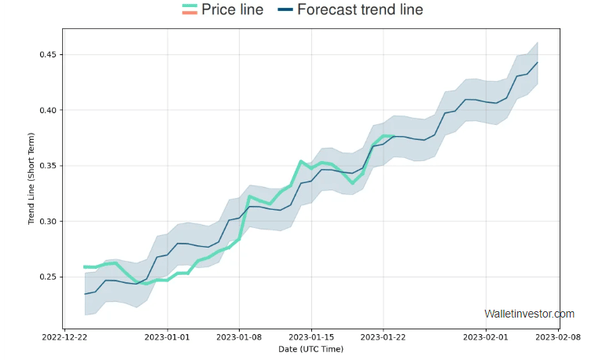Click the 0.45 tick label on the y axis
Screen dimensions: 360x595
coord(47,55)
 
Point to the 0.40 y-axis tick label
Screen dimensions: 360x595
coord(47,111)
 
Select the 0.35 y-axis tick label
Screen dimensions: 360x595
coord(47,166)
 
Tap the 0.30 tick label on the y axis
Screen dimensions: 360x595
coord(47,222)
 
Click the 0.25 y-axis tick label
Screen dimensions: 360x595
coord(47,277)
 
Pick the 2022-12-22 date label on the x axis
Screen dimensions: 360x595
coord(64,337)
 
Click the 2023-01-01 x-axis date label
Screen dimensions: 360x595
coord(167,337)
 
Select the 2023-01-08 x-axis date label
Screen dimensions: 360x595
coord(240,337)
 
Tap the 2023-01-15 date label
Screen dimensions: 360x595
coord(312,337)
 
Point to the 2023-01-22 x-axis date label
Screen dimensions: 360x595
coord(384,337)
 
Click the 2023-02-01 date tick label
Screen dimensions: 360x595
coord(487,337)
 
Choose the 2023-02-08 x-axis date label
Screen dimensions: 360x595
coord(559,337)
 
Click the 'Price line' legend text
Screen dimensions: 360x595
coord(232,10)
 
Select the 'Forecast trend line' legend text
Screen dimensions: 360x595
coord(360,10)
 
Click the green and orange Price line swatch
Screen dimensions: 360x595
coord(189,10)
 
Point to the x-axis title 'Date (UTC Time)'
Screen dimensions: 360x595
coord(310,349)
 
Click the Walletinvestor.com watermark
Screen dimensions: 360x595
coord(529,314)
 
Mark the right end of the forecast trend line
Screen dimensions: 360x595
coord(538,62)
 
